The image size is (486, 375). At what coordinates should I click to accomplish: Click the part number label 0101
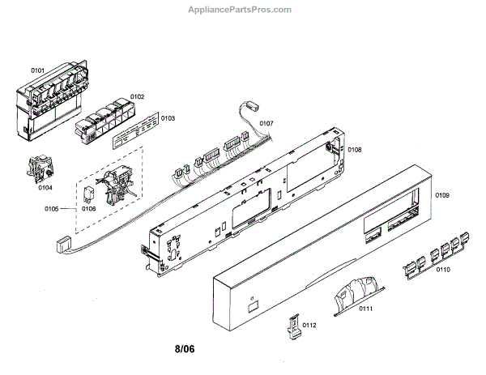click(x=37, y=70)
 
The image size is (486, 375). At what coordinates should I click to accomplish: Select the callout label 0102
click(x=137, y=96)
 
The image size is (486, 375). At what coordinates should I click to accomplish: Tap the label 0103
click(x=168, y=118)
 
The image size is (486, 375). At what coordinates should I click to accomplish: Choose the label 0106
click(x=88, y=209)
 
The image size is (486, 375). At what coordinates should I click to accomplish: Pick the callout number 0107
click(x=266, y=123)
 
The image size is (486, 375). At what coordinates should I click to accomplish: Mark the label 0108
click(x=355, y=150)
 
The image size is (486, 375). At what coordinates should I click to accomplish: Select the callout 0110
click(x=443, y=270)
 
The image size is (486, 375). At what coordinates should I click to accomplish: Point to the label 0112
click(x=309, y=326)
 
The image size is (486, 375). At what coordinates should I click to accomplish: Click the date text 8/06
click(x=185, y=350)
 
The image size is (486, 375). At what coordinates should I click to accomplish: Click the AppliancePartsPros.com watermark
click(x=242, y=10)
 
